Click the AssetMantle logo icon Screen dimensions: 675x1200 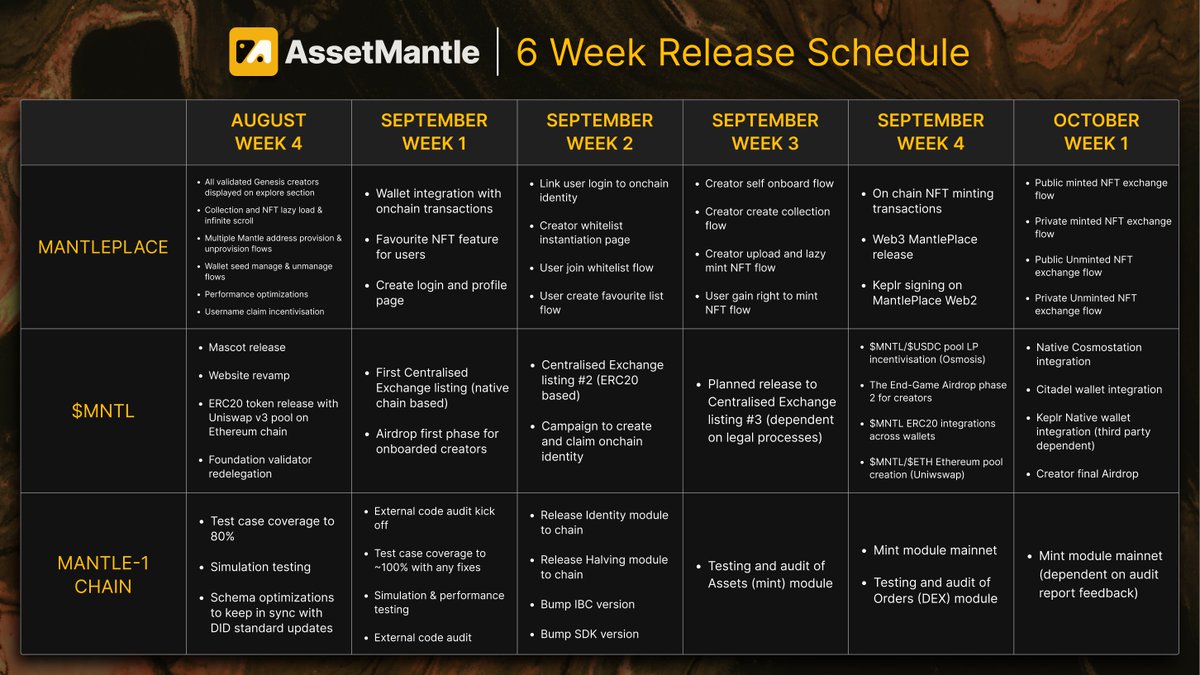pos(253,52)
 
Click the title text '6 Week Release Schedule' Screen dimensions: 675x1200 pos(742,52)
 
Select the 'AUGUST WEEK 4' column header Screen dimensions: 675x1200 pos(268,132)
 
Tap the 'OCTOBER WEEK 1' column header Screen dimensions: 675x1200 pos(1096,132)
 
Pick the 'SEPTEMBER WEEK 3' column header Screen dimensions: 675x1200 pos(765,132)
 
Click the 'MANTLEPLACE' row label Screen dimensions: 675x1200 pos(103,247)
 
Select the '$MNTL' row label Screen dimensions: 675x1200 pos(103,410)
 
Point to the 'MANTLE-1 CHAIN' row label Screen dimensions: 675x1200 pos(103,574)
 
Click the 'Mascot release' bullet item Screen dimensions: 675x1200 pos(247,348)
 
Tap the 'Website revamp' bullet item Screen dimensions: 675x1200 pos(250,376)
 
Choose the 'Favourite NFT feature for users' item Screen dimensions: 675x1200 pos(436,247)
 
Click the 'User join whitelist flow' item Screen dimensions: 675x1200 pos(596,268)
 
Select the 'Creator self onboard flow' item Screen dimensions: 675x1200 pos(769,184)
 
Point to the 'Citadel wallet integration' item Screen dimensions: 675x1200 pos(1099,390)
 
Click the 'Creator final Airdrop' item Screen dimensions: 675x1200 pos(1087,474)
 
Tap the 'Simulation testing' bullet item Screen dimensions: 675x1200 pos(260,567)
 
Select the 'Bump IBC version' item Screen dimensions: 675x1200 pos(587,604)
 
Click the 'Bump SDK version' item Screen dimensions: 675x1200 pos(589,634)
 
